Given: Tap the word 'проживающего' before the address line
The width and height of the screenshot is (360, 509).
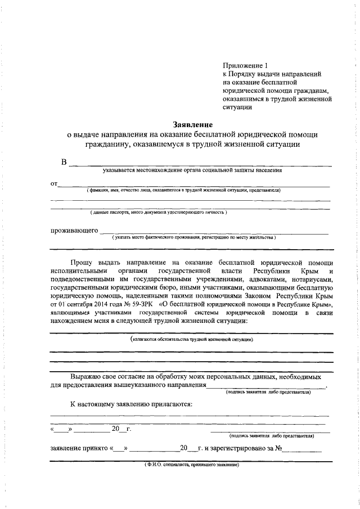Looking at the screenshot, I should pos(74,231).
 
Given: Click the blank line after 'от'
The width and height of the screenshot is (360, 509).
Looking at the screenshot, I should pos(194,184).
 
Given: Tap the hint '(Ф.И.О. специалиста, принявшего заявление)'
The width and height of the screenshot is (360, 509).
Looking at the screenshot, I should pos(191,465).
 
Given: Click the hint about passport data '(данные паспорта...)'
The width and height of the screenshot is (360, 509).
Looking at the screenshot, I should pos(159,213).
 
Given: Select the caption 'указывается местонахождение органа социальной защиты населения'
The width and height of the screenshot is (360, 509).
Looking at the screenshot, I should pos(192,170).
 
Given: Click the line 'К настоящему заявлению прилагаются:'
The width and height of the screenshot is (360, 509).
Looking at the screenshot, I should pos(132,404).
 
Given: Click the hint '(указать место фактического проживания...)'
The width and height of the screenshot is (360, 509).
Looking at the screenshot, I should pos(193,238).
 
